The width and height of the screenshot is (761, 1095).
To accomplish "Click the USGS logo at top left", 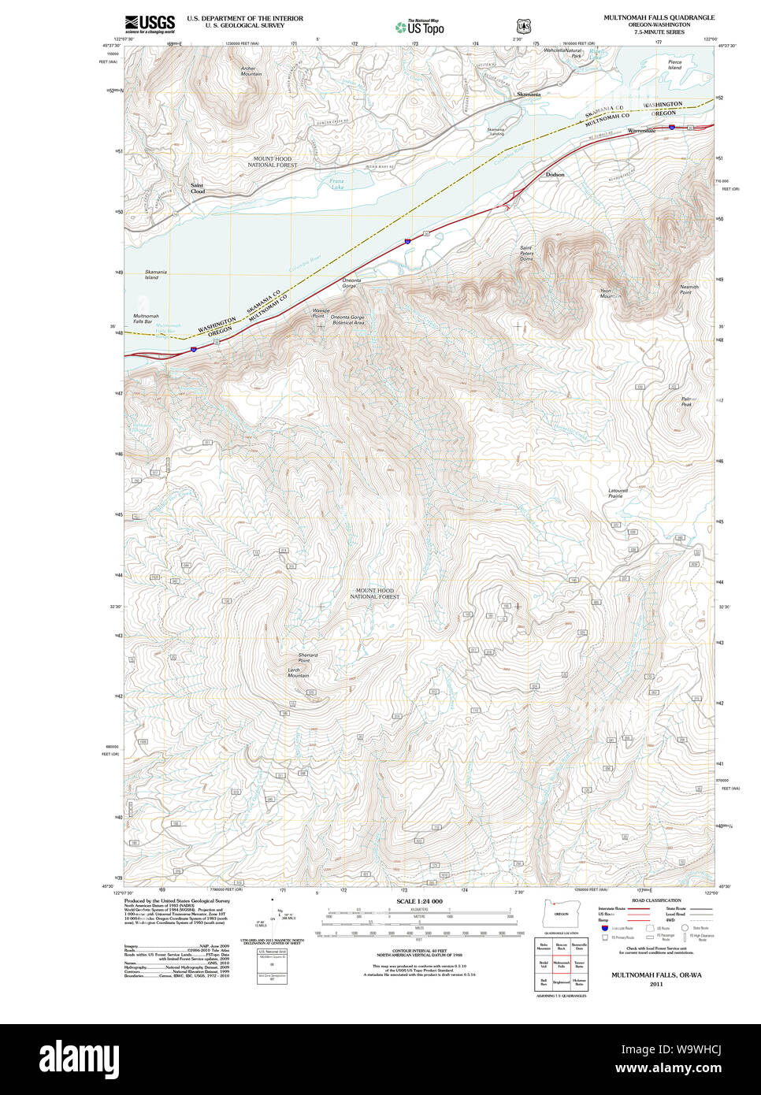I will pos(150,23).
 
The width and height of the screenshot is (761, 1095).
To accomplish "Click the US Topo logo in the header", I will pos(420,28).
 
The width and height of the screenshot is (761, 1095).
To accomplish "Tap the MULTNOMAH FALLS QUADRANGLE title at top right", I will pos(659,17).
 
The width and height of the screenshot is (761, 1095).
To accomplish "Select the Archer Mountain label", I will pos(251,72).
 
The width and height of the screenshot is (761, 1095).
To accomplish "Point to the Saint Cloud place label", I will pos(197,188).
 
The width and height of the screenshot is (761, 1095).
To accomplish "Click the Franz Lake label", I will pos(336,184).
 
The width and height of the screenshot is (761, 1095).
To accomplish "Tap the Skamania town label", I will pos(529,95).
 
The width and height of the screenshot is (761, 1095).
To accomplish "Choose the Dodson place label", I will pos(555,174).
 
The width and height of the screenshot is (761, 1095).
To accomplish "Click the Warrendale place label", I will pos(641,130).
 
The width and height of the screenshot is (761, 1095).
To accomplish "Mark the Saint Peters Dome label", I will pos(526,253).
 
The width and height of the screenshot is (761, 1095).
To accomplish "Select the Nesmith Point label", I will pos(689,290).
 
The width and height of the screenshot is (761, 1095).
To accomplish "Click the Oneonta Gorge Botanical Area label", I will pos(347,320).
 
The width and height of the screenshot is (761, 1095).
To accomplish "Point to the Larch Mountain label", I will pos(298,673).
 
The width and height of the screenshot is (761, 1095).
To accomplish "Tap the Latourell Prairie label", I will pos(617,493).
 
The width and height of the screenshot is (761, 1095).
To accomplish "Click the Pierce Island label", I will pos(674,65).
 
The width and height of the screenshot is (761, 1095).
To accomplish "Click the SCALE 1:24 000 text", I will pos(419,901).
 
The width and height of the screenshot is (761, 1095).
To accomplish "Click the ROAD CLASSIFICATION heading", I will pos(656,900).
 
